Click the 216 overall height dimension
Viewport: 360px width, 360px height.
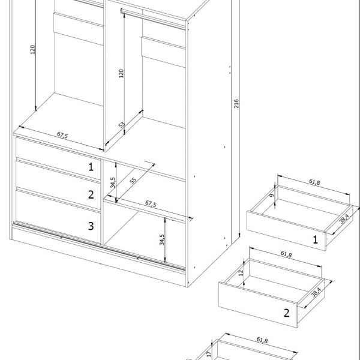click(236, 104)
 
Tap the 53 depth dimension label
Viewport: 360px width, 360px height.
click(122, 125)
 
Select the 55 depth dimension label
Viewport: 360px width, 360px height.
click(133, 181)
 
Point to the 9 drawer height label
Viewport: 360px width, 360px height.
click(272, 195)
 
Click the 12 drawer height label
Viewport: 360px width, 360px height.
click(241, 272)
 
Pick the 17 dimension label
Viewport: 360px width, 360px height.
click(208, 354)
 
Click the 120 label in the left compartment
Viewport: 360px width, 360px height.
click(32, 50)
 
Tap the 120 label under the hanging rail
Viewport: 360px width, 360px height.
click(121, 73)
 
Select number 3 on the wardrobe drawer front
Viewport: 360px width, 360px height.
click(91, 226)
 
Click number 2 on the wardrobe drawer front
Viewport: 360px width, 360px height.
click(91, 194)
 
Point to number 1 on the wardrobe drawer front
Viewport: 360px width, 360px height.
click(91, 167)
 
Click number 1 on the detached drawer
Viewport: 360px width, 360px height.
click(316, 239)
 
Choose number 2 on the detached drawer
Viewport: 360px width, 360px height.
click(287, 313)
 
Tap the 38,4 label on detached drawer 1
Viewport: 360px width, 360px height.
click(344, 219)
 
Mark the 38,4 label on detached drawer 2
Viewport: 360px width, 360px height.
click(316, 292)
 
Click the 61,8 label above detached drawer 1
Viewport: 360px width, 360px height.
click(314, 182)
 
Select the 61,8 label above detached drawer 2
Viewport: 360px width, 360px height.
click(286, 254)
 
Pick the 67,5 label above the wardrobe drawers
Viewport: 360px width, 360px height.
click(62, 135)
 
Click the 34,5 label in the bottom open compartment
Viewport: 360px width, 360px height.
click(162, 239)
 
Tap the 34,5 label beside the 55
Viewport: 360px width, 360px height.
click(113, 182)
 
